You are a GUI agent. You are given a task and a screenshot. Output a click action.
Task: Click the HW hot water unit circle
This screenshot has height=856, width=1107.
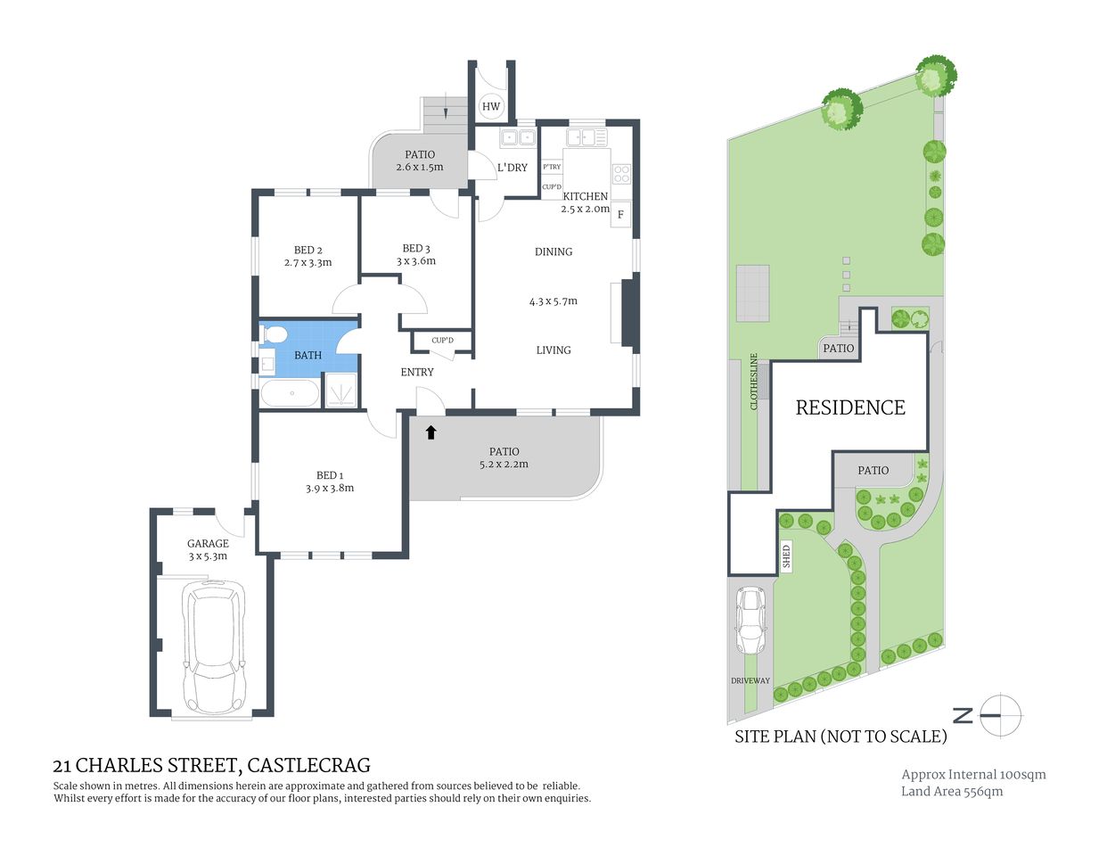(491, 106)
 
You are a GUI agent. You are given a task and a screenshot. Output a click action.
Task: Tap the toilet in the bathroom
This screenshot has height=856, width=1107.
(274, 334)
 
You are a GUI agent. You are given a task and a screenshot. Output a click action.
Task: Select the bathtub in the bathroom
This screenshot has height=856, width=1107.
(290, 393)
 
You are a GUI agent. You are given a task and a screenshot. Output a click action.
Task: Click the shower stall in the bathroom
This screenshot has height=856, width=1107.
(340, 391)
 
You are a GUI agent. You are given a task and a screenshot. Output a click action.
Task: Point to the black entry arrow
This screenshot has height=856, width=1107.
(430, 432)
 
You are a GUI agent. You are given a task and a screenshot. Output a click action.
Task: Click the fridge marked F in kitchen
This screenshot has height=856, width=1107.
(620, 215)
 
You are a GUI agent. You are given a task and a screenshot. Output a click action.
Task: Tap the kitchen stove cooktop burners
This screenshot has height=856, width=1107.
(621, 174)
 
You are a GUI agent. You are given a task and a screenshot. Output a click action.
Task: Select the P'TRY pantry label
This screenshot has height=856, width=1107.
(552, 167)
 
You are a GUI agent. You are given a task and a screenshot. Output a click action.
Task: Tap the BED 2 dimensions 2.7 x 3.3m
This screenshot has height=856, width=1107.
(307, 263)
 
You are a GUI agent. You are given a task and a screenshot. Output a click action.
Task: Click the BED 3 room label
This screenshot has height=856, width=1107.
(416, 249)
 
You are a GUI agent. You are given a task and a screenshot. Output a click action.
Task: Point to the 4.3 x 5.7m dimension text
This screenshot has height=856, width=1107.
(553, 301)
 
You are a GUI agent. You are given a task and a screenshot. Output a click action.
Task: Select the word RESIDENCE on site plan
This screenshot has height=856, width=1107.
(850, 407)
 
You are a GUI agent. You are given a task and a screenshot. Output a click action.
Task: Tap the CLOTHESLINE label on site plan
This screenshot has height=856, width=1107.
(754, 382)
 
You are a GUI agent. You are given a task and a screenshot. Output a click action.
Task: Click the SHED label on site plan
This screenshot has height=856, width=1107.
(786, 556)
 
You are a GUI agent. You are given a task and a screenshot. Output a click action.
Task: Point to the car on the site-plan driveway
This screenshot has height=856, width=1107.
(750, 621)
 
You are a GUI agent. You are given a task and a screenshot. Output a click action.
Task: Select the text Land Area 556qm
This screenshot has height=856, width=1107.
(951, 792)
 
